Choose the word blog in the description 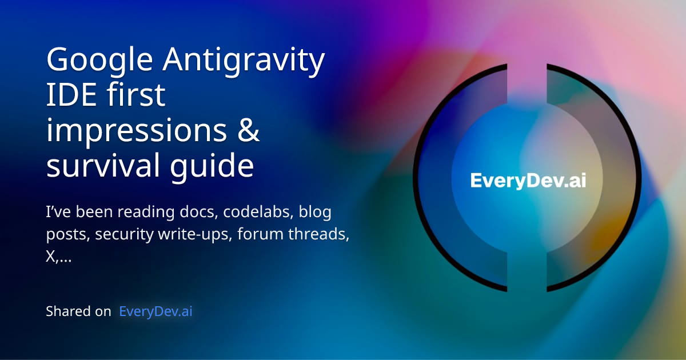(315, 213)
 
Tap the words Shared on (78, 311)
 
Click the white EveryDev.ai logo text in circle (528, 181)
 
